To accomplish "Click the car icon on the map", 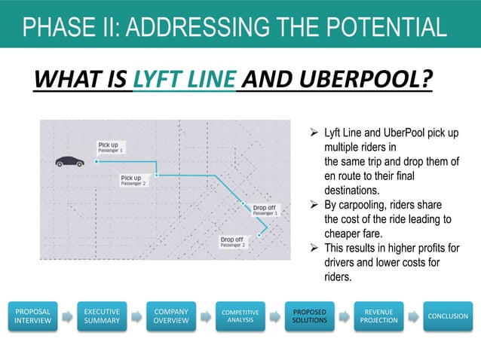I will [x=69, y=160].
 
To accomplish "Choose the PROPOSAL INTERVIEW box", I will [x=32, y=316].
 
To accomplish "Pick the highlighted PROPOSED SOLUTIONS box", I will [x=310, y=316].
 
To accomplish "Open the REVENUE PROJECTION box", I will [x=378, y=316].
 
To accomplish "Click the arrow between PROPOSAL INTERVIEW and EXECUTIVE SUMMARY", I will [x=66, y=316].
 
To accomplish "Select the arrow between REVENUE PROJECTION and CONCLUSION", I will [x=413, y=316].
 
